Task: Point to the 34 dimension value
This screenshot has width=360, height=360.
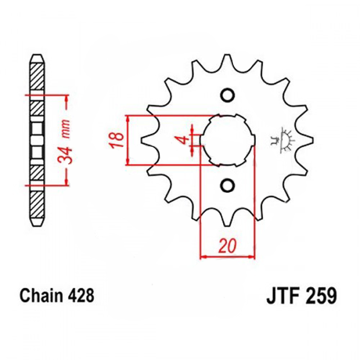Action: point(65,155)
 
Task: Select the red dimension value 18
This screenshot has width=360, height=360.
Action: point(117,140)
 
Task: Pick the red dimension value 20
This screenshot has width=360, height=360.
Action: point(227,246)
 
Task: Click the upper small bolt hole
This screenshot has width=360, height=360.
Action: point(227,95)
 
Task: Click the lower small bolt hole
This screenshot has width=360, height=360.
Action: point(227,185)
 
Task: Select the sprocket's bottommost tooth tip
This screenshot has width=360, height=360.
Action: point(227,225)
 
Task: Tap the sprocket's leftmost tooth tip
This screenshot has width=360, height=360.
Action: point(141,140)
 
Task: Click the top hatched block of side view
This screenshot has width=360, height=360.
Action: point(37,76)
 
